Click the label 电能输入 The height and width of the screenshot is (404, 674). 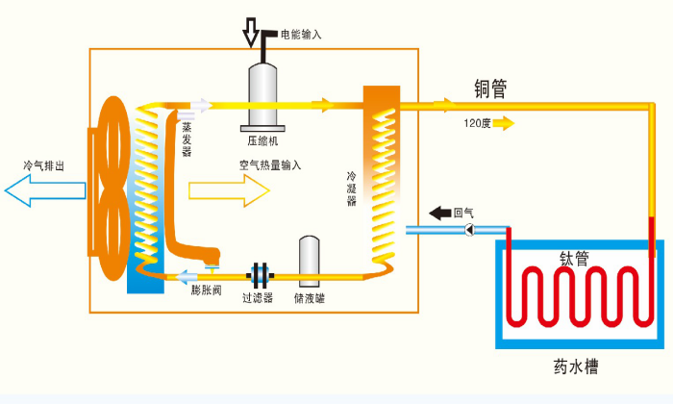(301, 34)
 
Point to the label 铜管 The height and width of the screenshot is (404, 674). (490, 88)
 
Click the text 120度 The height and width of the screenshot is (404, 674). (477, 123)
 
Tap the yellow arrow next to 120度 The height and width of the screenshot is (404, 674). (505, 123)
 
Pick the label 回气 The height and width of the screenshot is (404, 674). (463, 212)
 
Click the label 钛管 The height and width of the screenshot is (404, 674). (574, 258)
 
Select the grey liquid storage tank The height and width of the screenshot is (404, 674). (309, 258)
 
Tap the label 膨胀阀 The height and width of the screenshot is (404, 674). (206, 290)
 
